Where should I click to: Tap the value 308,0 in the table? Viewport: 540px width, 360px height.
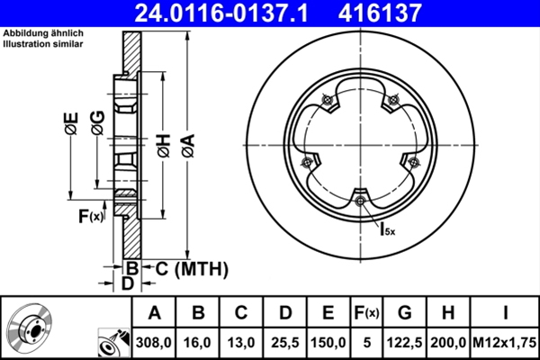pyautogui.click(x=154, y=342)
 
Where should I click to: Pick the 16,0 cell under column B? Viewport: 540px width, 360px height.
pyautogui.click(x=198, y=342)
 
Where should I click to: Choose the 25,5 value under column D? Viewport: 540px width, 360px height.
pyautogui.click(x=285, y=342)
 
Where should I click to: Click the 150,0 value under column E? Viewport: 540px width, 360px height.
pyautogui.click(x=328, y=342)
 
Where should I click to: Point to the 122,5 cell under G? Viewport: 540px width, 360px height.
pyautogui.click(x=405, y=342)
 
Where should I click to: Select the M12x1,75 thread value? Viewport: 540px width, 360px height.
pyautogui.click(x=504, y=342)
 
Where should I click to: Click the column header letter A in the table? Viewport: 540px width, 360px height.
pyautogui.click(x=154, y=313)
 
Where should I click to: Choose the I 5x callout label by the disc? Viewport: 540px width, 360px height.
pyautogui.click(x=385, y=229)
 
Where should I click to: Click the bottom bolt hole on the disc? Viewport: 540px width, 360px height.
pyautogui.click(x=360, y=201)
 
